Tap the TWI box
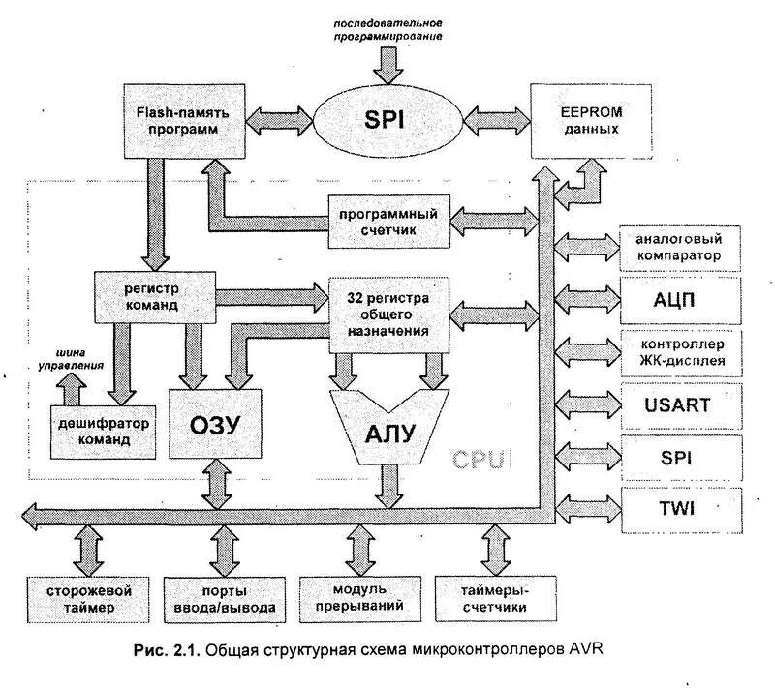(678, 507)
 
